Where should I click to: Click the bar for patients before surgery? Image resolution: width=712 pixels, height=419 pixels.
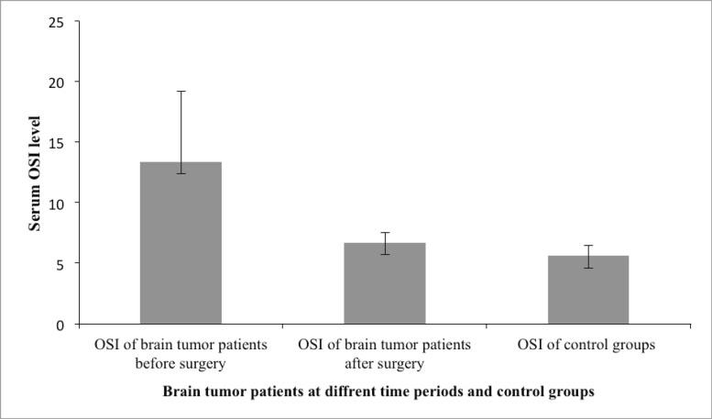click(x=180, y=243)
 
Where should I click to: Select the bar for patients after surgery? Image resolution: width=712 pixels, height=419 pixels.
click(x=384, y=283)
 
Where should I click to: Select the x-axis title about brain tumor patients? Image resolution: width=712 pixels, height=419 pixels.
click(x=378, y=391)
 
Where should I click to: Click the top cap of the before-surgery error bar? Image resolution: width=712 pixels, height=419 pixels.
click(x=181, y=91)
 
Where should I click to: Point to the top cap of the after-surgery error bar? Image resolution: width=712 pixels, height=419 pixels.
click(x=384, y=233)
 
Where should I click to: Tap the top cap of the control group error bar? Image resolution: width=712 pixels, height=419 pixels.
click(x=587, y=246)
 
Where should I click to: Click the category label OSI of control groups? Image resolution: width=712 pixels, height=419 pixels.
click(x=587, y=346)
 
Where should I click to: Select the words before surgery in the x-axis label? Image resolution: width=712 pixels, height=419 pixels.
click(x=180, y=363)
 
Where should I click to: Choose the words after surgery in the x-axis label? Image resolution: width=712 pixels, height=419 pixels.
click(x=384, y=363)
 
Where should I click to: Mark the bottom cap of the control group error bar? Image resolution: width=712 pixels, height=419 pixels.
click(x=587, y=268)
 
